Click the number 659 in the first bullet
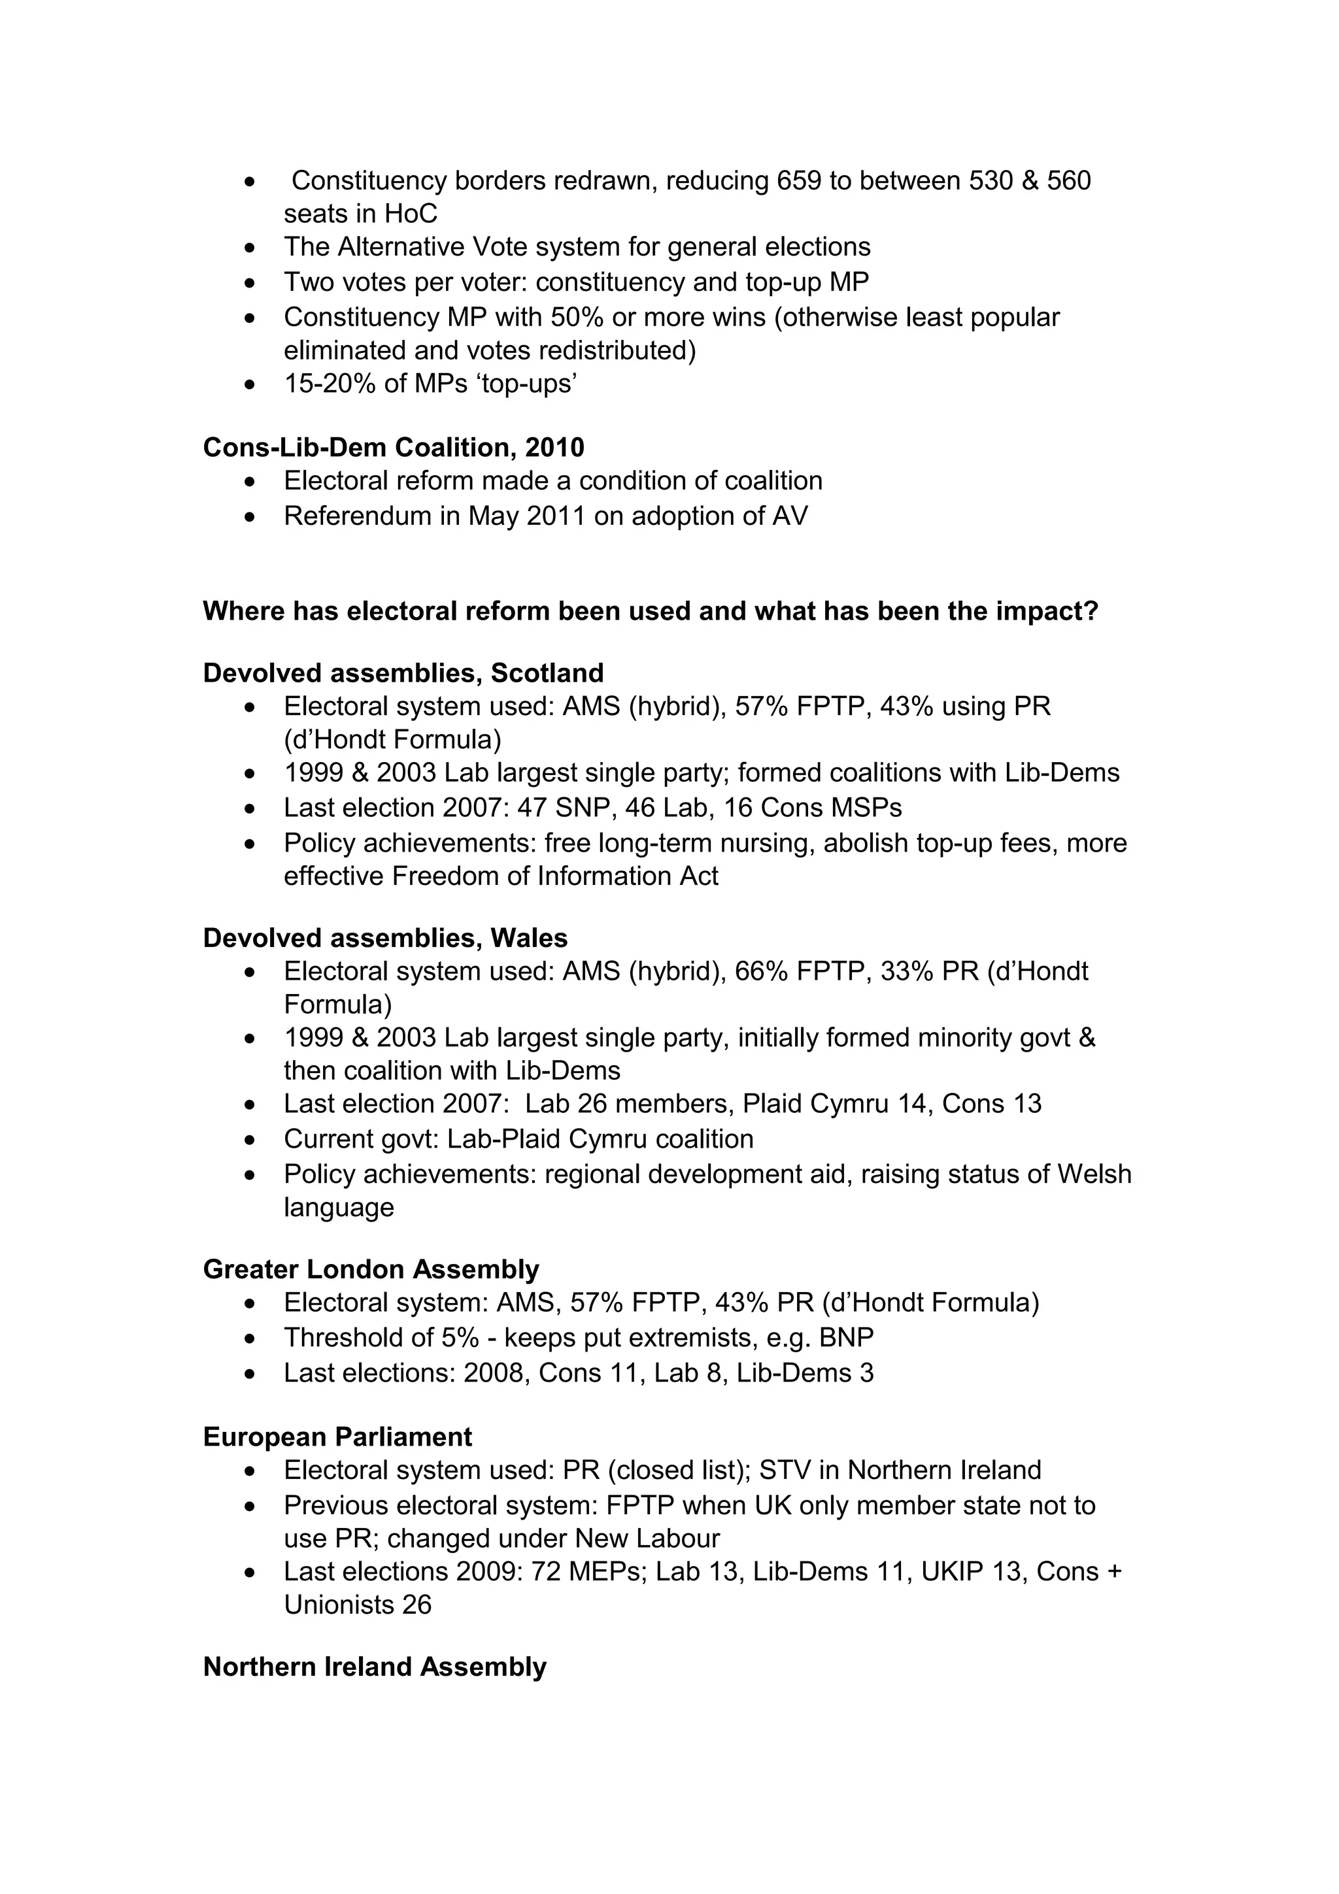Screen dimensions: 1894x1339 (x=798, y=180)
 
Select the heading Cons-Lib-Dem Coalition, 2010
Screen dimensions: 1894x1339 (x=394, y=447)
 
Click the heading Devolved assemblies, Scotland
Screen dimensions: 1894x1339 (x=403, y=673)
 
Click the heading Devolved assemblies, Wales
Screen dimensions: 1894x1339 (x=385, y=938)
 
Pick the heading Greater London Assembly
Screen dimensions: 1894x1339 (x=371, y=1269)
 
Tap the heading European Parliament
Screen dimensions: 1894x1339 (x=337, y=1437)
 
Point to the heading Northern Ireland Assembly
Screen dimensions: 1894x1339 (x=375, y=1667)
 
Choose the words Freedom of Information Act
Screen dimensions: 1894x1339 (x=554, y=876)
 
